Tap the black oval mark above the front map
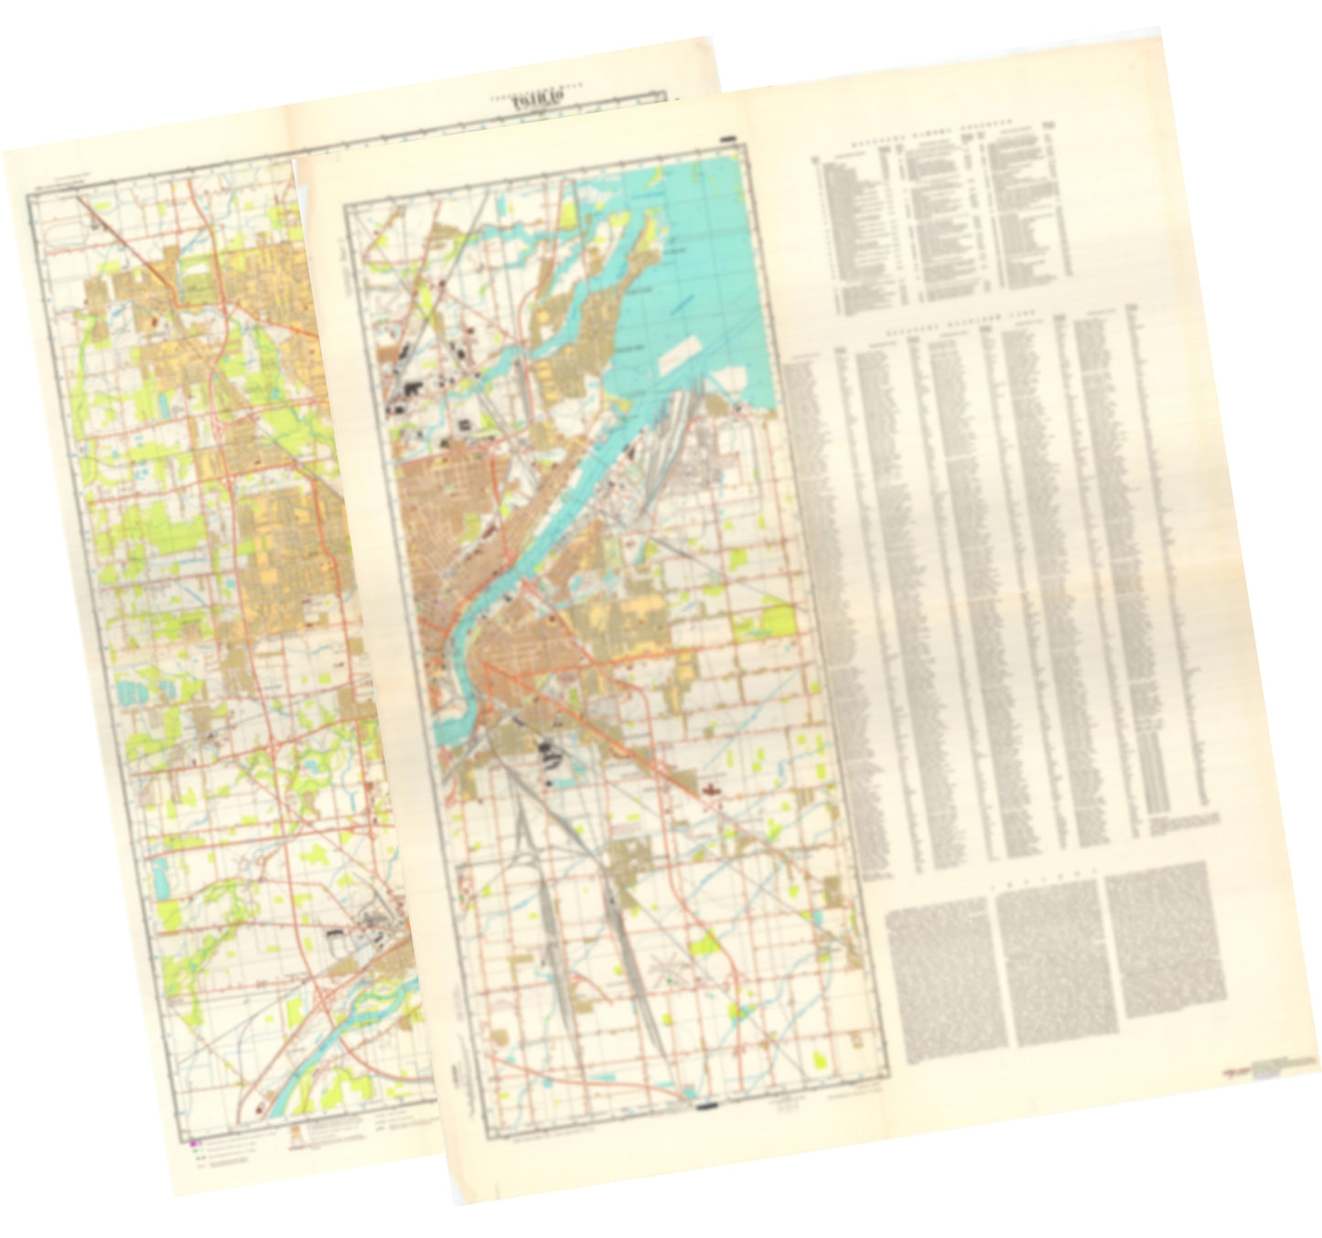(729, 139)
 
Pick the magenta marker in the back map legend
(192, 1143)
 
